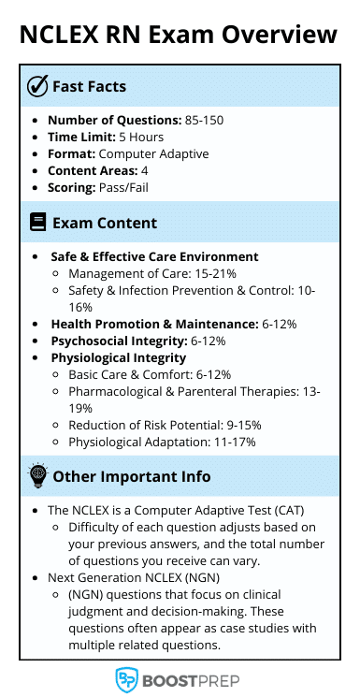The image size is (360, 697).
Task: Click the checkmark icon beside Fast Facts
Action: [x=37, y=87]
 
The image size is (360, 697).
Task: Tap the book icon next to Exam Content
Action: [x=37, y=223]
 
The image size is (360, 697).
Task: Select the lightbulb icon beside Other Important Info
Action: [x=37, y=476]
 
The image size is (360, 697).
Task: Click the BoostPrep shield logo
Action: [x=126, y=679]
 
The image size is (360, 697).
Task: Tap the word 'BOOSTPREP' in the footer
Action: [x=193, y=680]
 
